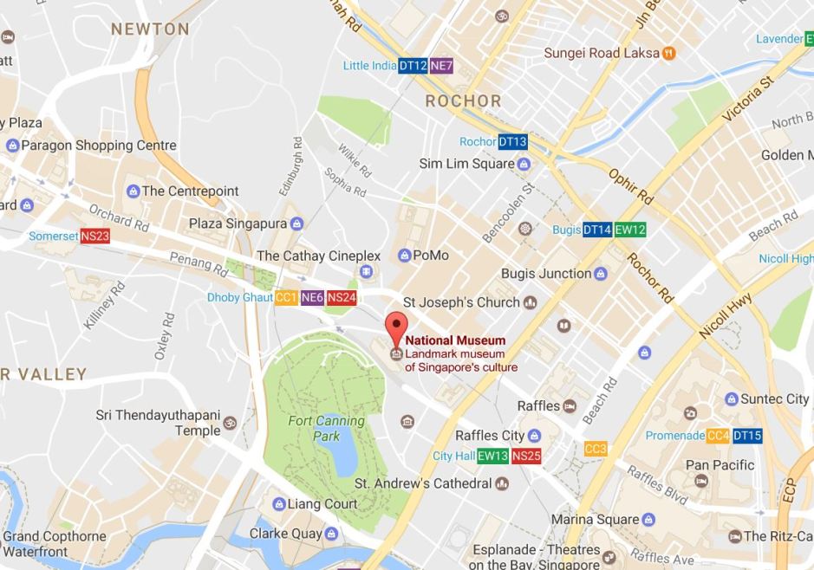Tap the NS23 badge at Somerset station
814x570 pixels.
point(94,236)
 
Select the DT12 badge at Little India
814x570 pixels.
point(412,66)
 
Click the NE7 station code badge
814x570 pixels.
point(441,66)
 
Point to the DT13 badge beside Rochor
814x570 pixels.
point(512,142)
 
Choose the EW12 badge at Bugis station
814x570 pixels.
point(630,230)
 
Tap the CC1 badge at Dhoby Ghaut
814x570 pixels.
point(287,297)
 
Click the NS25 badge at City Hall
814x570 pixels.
point(526,456)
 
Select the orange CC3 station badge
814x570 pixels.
point(596,449)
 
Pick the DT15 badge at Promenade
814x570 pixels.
point(747,436)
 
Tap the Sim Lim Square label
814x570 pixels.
point(466,164)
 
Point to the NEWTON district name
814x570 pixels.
point(150,29)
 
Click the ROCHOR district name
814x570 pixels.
point(463,101)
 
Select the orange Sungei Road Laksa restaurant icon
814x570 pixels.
point(668,53)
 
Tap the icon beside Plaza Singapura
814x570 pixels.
point(297,224)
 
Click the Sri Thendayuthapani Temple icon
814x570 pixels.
point(230,423)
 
